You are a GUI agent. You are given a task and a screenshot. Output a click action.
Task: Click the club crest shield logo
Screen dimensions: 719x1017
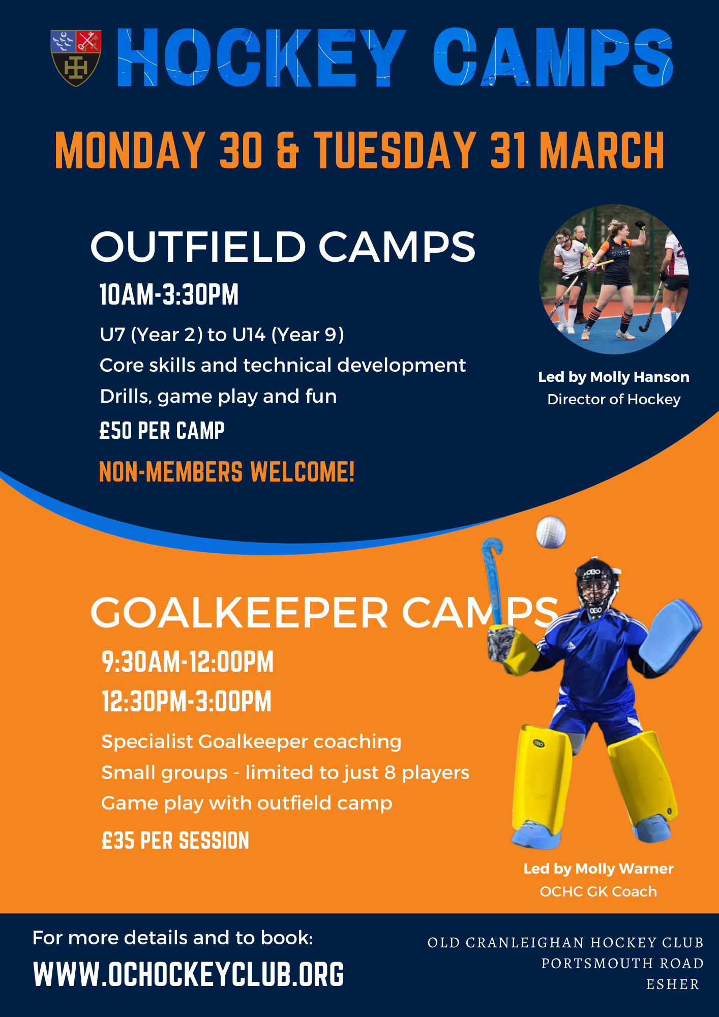(x=76, y=58)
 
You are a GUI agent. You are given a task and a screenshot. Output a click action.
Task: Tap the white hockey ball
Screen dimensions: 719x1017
(x=551, y=532)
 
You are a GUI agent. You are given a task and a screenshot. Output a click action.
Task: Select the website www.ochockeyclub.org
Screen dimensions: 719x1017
(x=189, y=974)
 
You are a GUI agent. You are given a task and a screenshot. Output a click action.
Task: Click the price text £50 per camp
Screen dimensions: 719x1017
(x=162, y=431)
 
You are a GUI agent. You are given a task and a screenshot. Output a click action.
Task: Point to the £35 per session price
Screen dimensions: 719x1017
(x=175, y=841)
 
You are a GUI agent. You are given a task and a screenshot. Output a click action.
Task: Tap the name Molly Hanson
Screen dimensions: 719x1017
(x=640, y=377)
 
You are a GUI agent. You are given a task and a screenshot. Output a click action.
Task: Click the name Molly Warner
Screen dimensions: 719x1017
(x=624, y=869)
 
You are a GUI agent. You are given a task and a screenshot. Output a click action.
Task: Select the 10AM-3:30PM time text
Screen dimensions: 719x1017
(x=169, y=295)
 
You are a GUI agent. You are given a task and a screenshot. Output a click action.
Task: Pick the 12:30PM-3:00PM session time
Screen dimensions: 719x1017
(x=187, y=702)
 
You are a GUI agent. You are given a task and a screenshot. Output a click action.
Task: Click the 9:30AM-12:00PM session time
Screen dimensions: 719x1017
(x=188, y=662)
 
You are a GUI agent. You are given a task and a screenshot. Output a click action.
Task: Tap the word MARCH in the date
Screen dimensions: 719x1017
(x=602, y=150)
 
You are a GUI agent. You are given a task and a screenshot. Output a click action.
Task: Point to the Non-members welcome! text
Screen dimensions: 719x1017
(x=227, y=472)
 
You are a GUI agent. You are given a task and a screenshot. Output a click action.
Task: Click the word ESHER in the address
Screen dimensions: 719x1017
(x=673, y=984)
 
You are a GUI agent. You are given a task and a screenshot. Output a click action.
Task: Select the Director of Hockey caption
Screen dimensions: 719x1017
(x=614, y=400)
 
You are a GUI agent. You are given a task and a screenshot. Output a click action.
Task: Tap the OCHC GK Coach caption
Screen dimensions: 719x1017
(x=598, y=891)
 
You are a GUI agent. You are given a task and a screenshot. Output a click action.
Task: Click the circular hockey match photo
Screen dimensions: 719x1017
(x=614, y=279)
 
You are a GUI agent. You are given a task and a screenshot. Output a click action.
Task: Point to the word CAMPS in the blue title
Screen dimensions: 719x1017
(x=553, y=57)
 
